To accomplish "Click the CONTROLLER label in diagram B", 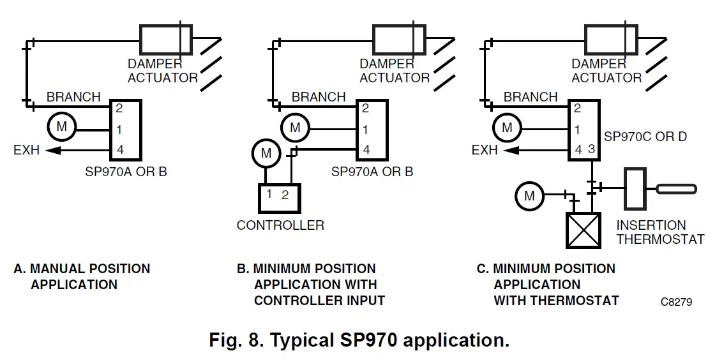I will [x=280, y=225].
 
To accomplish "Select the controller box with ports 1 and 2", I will [x=278, y=198].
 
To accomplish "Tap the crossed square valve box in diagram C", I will [x=584, y=230].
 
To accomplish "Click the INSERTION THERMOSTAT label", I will [x=660, y=232].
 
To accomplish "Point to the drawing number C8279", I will [x=676, y=301].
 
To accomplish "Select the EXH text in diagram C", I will [x=485, y=151].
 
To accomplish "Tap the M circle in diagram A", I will [x=61, y=127].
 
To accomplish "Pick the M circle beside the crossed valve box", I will [x=529, y=196].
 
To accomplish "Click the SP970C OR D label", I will [x=645, y=137].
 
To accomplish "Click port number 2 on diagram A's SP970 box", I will [x=119, y=109].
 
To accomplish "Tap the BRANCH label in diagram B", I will [x=319, y=97].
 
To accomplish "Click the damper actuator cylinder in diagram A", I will [x=165, y=40].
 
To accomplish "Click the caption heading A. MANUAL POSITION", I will [x=82, y=269].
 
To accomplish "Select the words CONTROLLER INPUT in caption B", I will [x=319, y=300].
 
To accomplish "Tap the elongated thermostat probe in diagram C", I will [x=678, y=188].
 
